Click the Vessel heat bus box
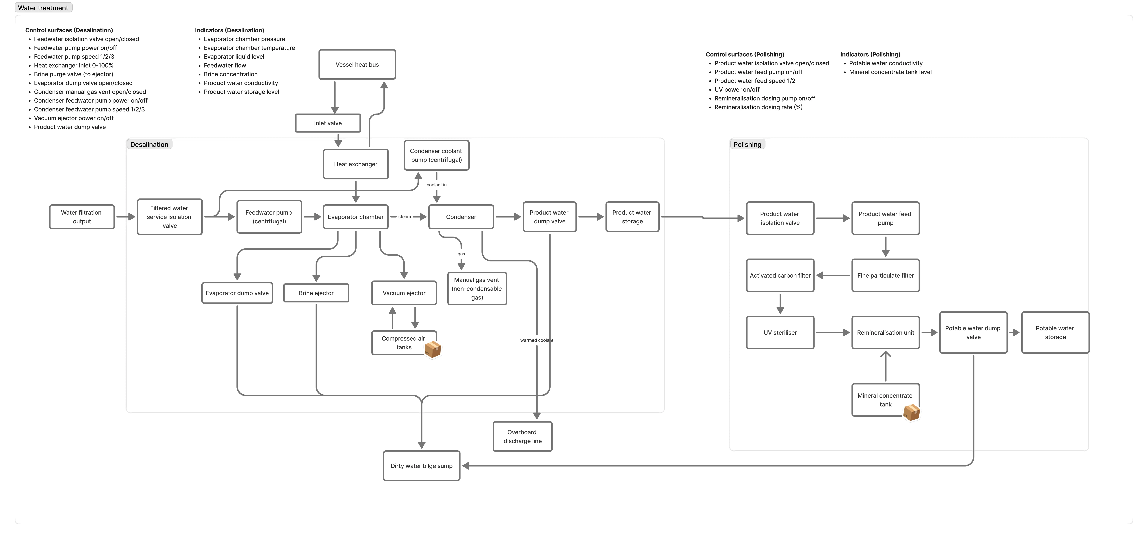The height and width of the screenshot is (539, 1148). pyautogui.click(x=357, y=65)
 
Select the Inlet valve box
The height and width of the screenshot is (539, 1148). pyautogui.click(x=328, y=123)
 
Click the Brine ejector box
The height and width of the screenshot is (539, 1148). pyautogui.click(x=316, y=293)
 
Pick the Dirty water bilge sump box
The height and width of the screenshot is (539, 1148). pyautogui.click(x=421, y=466)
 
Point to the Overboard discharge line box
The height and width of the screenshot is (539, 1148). pyautogui.click(x=522, y=436)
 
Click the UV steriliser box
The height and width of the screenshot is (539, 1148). pyautogui.click(x=780, y=333)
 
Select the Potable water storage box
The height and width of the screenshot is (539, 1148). pyautogui.click(x=1055, y=333)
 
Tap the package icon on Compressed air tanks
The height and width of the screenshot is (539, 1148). pyautogui.click(x=432, y=350)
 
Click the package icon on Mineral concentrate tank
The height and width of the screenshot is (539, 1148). pyautogui.click(x=911, y=412)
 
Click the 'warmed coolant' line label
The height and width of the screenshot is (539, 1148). pyautogui.click(x=536, y=340)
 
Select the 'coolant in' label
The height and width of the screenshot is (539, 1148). pyautogui.click(x=436, y=185)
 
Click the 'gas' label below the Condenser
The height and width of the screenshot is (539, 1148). pyautogui.click(x=461, y=254)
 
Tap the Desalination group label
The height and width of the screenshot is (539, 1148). pyautogui.click(x=149, y=144)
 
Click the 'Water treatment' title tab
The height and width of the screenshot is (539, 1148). pyautogui.click(x=43, y=8)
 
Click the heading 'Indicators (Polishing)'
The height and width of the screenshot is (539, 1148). pyautogui.click(x=870, y=54)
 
